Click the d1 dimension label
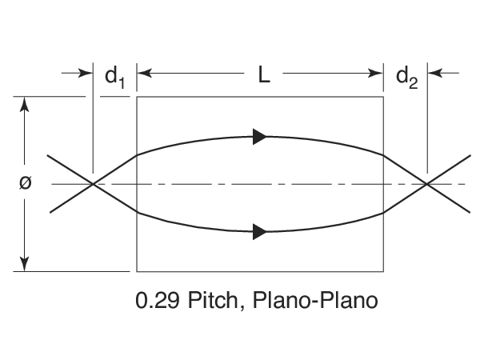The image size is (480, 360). click(x=115, y=76)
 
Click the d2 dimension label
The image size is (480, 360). click(x=407, y=76)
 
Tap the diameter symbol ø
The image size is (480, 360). click(x=25, y=182)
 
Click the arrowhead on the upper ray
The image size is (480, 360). click(x=259, y=136)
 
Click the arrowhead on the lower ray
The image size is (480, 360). click(x=259, y=232)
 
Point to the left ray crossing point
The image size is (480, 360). click(x=94, y=184)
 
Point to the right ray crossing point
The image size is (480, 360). click(x=427, y=184)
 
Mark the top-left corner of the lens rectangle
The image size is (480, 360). click(x=138, y=98)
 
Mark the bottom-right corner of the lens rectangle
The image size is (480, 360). click(x=385, y=271)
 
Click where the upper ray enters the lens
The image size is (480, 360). click(x=138, y=155)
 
